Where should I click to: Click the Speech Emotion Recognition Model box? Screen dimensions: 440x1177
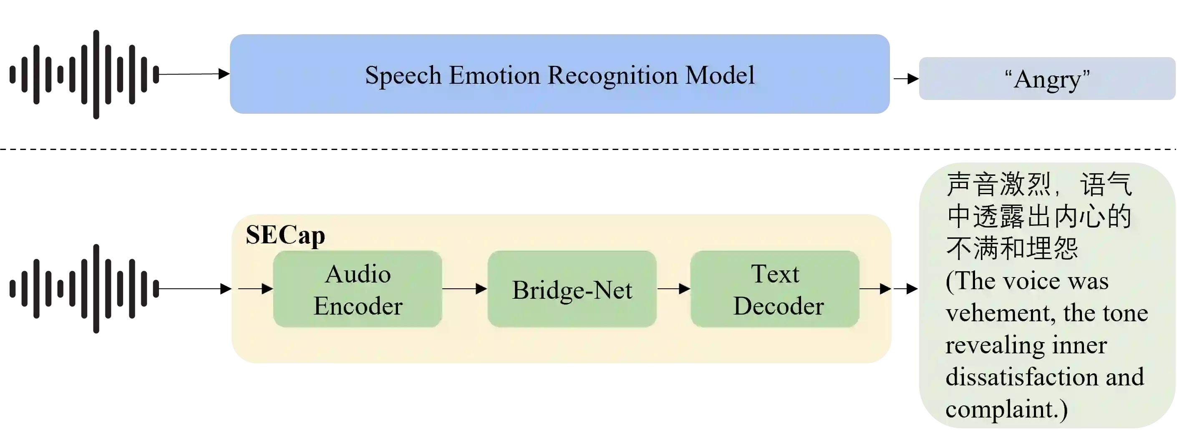(559, 75)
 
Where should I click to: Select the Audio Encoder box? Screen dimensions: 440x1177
(358, 289)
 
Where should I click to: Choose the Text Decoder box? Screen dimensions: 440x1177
(775, 289)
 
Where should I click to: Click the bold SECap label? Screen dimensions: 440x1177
(285, 235)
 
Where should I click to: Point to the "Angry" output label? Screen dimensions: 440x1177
(1047, 78)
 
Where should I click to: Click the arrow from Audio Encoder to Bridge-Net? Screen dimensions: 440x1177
(464, 289)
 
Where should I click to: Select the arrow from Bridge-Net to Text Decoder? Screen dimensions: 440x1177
(673, 289)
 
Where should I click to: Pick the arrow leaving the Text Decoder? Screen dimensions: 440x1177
(875, 289)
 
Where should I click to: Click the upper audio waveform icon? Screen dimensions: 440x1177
(83, 74)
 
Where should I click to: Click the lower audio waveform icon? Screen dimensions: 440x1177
(83, 290)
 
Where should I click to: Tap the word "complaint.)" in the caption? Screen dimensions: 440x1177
(1006, 409)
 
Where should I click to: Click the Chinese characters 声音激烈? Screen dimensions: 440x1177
(999, 185)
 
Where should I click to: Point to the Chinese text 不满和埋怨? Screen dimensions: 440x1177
(1012, 248)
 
